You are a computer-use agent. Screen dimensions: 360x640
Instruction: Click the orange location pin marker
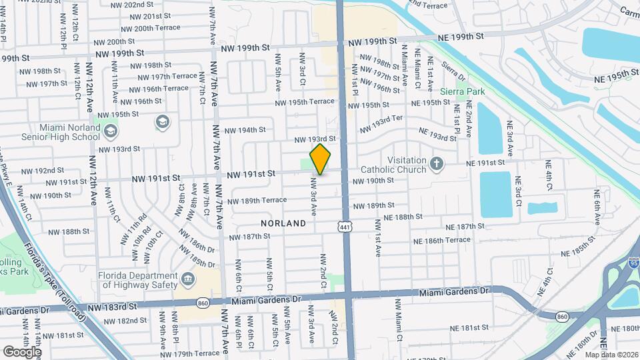321,159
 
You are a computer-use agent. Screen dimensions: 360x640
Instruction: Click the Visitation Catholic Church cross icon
437,164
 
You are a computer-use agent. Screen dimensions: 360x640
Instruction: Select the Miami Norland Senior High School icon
162,122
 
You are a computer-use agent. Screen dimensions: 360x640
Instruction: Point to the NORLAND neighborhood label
283,223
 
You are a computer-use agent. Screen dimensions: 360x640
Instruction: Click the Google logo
22,351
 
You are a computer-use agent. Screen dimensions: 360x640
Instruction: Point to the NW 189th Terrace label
257,200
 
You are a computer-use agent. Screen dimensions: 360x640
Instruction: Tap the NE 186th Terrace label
441,240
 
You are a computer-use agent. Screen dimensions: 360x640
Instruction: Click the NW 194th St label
245,129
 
